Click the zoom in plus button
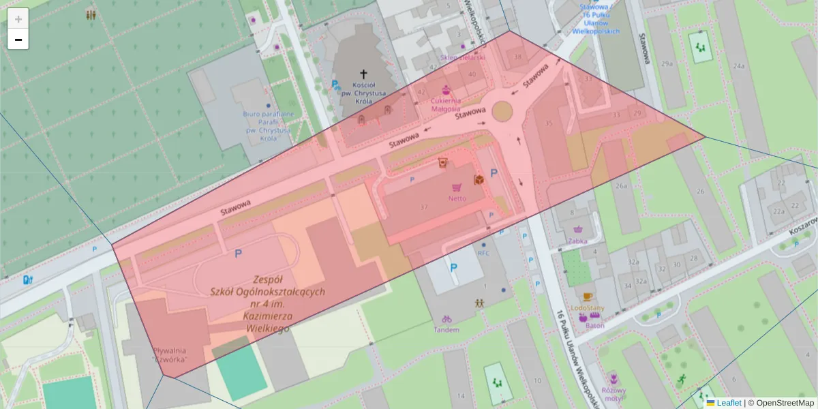[18, 19]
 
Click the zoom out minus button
[18, 40]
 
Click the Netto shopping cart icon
[456, 187]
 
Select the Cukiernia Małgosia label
[445, 104]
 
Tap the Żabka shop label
[578, 241]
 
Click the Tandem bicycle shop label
[446, 330]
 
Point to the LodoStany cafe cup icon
[588, 297]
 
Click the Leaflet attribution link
[728, 403]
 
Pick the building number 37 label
[424, 207]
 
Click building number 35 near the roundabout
[549, 123]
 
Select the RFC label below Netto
[483, 253]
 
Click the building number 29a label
[667, 63]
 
